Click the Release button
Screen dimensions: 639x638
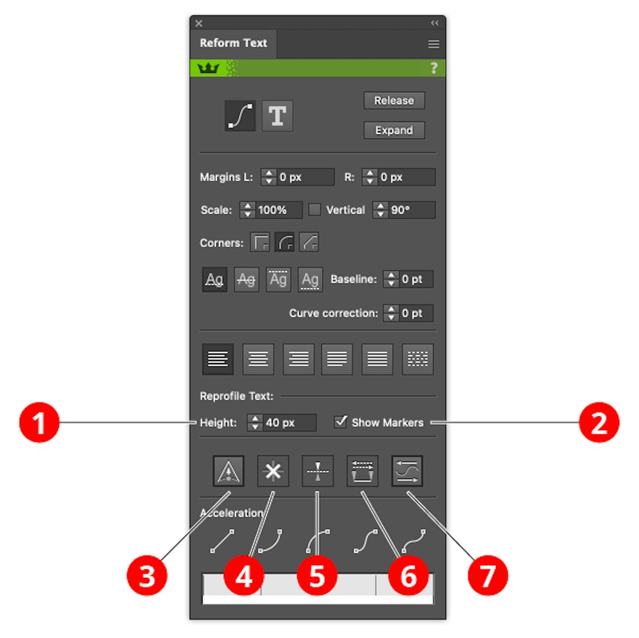(394, 100)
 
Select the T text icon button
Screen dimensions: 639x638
(277, 116)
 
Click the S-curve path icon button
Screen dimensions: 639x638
(240, 116)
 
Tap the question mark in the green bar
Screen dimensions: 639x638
(434, 68)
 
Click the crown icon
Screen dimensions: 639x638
(208, 68)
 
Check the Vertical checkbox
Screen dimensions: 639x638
(314, 209)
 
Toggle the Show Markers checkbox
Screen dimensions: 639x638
(341, 422)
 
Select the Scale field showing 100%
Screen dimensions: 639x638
(271, 209)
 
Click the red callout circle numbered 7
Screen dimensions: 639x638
(487, 576)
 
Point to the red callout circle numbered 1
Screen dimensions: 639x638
(39, 422)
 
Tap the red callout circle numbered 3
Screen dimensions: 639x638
(147, 576)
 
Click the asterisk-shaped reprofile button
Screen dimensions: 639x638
(273, 471)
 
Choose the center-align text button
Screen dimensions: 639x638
(258, 359)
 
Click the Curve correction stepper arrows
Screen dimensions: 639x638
(391, 313)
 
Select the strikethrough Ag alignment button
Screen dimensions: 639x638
(246, 279)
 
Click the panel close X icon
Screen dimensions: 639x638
(199, 23)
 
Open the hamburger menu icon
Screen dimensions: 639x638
(434, 44)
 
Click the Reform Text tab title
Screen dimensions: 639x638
(233, 43)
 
